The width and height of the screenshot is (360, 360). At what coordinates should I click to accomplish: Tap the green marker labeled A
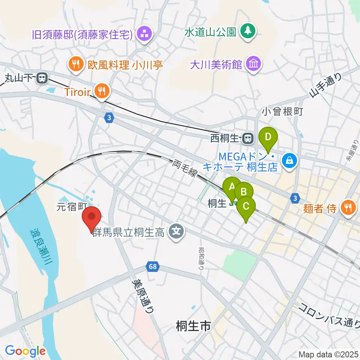coord(232,186)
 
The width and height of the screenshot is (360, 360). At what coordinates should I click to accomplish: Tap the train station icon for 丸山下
coord(42,79)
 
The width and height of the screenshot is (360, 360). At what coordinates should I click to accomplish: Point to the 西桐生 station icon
coord(247,139)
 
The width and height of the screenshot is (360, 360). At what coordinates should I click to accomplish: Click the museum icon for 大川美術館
coord(254,64)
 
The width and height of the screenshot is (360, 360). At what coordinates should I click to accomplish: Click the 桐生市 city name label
coord(193,327)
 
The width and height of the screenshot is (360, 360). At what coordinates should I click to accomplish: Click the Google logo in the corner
coord(25,351)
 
